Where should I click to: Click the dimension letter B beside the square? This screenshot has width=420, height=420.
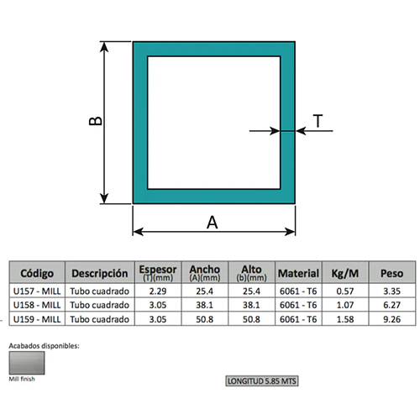tap(96, 121)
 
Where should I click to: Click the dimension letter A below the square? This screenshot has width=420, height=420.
tap(212, 223)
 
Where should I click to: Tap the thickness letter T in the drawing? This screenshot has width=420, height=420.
tap(318, 121)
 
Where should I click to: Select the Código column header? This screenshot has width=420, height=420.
tap(37, 273)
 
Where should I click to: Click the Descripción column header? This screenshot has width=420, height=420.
tap(100, 273)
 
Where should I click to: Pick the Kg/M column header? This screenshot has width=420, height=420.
tap(345, 273)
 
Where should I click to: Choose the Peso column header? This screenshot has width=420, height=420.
tap(391, 273)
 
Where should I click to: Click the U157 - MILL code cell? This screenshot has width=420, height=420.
tap(37, 291)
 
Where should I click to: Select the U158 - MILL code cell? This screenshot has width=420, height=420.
tap(37, 305)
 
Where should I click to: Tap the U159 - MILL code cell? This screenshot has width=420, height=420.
tap(37, 319)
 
